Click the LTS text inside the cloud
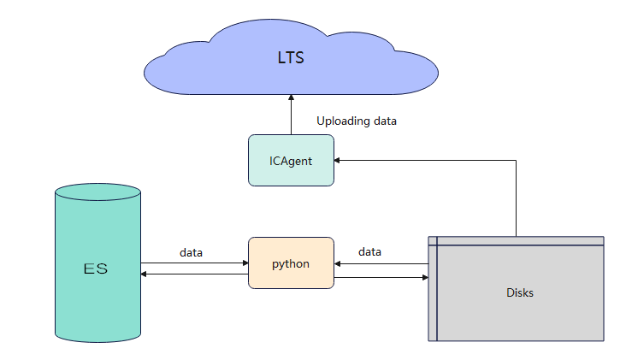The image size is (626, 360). (291, 59)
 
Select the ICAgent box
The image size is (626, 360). (291, 160)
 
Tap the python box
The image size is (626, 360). (291, 263)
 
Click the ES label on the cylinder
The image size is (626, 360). (96, 269)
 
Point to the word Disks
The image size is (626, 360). (519, 292)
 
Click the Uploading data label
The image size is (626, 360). (356, 121)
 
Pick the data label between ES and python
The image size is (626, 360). (192, 252)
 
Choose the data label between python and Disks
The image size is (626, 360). (369, 251)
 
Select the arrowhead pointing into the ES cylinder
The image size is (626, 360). (145, 274)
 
